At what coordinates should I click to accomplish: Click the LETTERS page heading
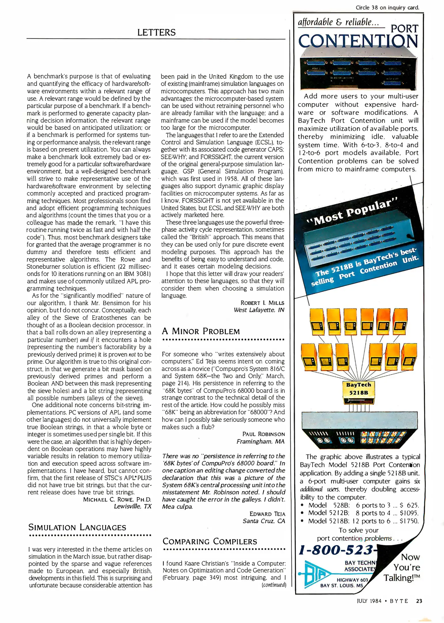pyautogui.click(x=156, y=32)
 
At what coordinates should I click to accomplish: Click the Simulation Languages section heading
pyautogui.click(x=77, y=528)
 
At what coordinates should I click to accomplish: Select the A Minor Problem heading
pyautogui.click(x=201, y=331)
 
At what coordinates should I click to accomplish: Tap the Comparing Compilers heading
pyautogui.click(x=210, y=541)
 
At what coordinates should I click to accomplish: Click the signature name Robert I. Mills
pyautogui.click(x=262, y=303)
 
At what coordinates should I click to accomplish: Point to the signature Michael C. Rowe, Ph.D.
pyautogui.click(x=117, y=499)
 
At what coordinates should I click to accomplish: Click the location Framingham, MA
pyautogui.click(x=260, y=441)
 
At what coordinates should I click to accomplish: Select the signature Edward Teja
pyautogui.click(x=267, y=514)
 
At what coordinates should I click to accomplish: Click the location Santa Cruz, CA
pyautogui.click(x=263, y=521)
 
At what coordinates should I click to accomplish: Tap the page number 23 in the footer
pyautogui.click(x=419, y=601)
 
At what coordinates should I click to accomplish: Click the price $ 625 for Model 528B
pyautogui.click(x=409, y=505)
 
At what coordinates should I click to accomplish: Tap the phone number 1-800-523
pyautogui.click(x=336, y=550)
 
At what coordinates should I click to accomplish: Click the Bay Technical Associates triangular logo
pyautogui.click(x=316, y=574)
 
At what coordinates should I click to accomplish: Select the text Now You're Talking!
pyautogui.click(x=402, y=567)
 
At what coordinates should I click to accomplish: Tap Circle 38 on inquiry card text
pyautogui.click(x=387, y=8)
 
